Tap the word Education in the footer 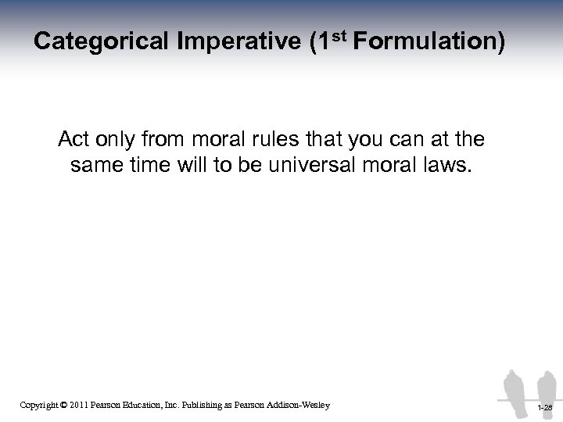[x=157, y=404]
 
